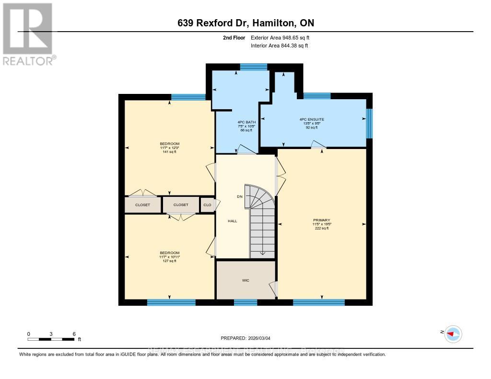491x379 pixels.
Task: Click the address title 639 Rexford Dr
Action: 245,23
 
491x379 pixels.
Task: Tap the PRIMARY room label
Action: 321,221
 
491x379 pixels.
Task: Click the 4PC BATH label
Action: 246,122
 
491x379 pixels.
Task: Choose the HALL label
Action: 232,221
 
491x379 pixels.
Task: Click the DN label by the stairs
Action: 240,197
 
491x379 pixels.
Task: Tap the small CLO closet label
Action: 207,205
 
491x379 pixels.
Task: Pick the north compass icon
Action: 452,333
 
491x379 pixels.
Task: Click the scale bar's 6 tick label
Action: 73,334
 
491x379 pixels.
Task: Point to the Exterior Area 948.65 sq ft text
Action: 283,37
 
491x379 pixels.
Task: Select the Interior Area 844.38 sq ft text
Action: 280,46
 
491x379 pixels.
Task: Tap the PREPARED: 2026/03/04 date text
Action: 245,338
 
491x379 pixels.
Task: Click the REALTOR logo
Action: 29,34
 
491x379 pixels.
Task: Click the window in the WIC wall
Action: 245,302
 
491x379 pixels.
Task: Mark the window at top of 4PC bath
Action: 254,67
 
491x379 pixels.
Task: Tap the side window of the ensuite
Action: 369,123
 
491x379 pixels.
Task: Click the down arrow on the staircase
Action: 262,253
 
